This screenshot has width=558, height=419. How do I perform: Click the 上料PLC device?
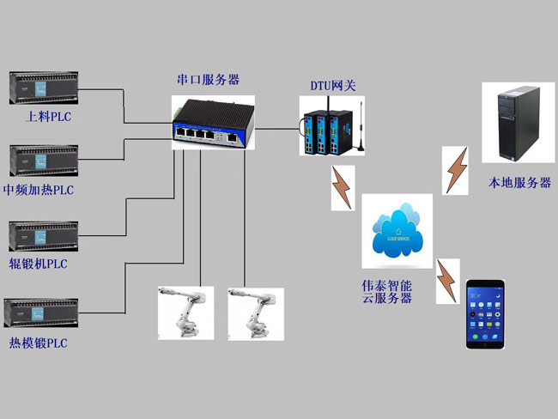click(43, 87)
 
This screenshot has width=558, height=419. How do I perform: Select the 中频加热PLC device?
click(43, 161)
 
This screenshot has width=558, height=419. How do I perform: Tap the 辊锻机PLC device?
click(43, 235)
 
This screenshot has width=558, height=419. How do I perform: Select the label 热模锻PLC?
click(38, 343)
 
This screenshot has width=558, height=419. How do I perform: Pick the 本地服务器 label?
click(519, 183)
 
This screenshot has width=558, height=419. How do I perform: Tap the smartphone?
click(485, 313)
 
